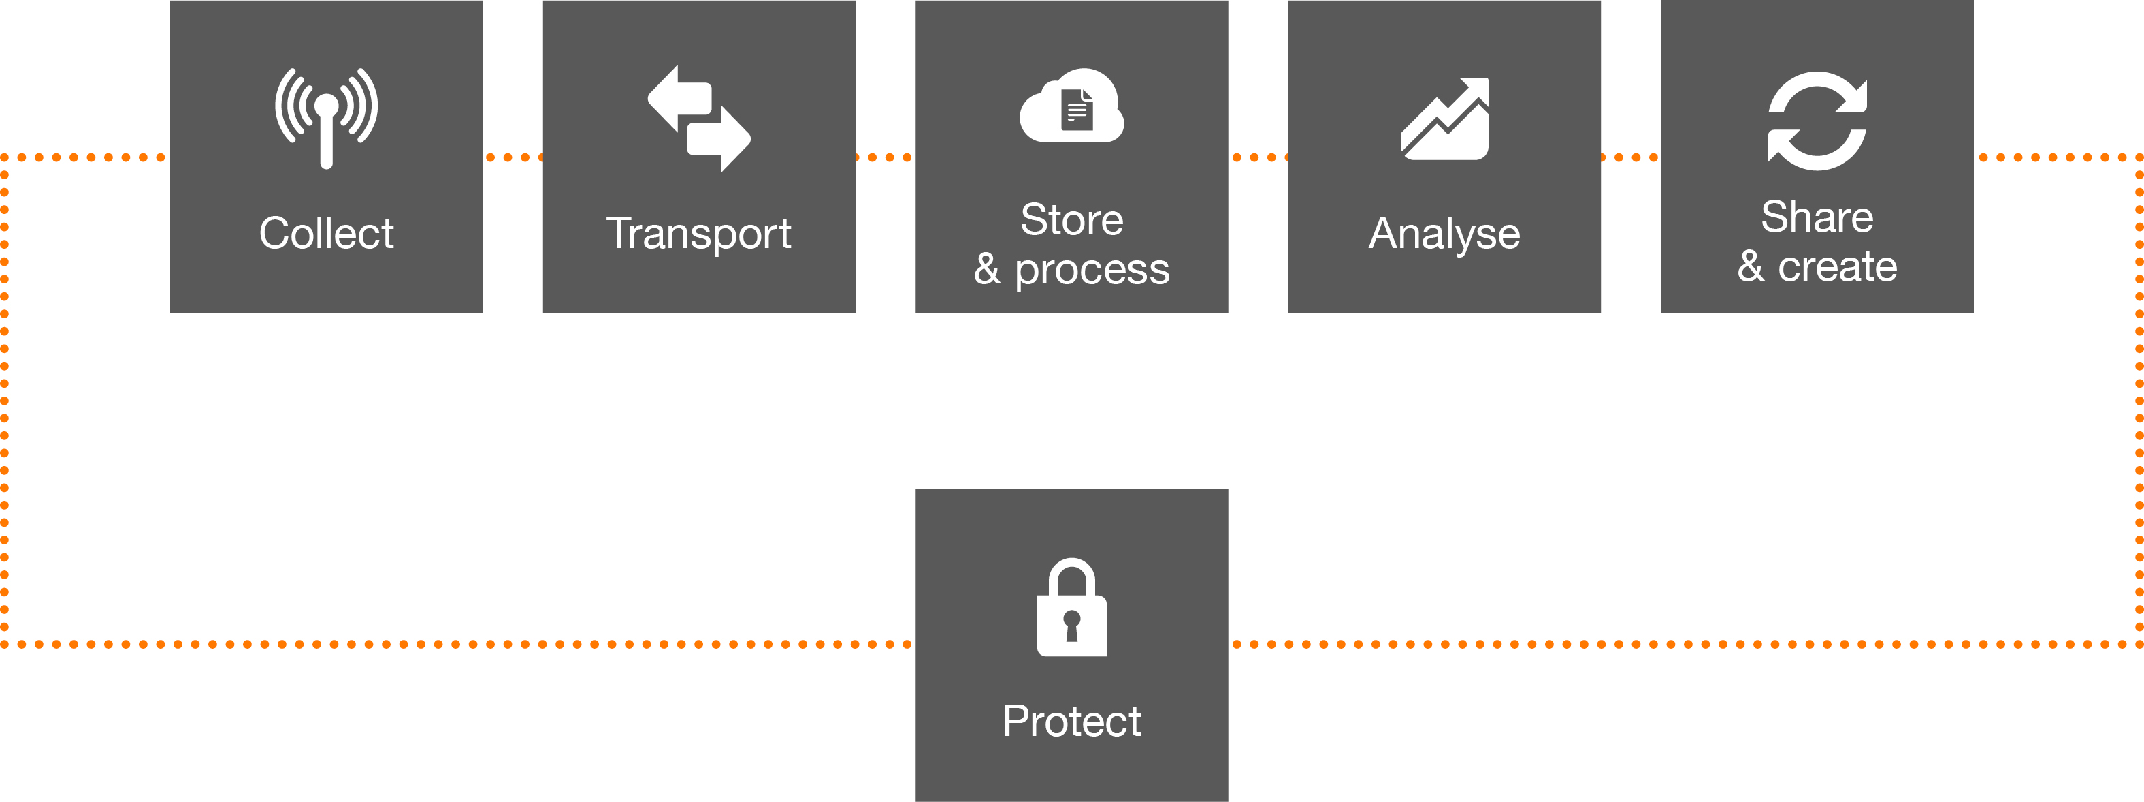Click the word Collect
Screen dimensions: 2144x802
tap(326, 232)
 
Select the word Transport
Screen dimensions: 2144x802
tap(698, 234)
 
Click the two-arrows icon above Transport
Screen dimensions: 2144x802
tap(699, 119)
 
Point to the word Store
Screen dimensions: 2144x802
tap(1072, 220)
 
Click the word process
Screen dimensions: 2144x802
tap(1092, 271)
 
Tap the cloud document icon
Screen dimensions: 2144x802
tap(1072, 105)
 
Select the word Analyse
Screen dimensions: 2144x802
tap(1444, 234)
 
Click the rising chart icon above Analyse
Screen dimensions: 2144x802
tap(1445, 119)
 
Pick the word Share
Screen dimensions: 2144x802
tap(1817, 217)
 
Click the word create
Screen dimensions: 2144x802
tap(1838, 267)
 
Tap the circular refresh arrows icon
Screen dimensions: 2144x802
tap(1817, 121)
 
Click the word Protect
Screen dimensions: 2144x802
tap(1072, 721)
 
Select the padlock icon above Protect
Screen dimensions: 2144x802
tap(1072, 607)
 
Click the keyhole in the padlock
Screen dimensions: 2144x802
tap(1072, 626)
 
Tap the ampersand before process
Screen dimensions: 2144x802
tap(987, 268)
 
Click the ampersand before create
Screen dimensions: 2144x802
tap(1751, 266)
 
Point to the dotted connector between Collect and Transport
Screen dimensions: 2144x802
tap(513, 157)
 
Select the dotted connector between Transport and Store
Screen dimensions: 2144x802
tap(886, 157)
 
